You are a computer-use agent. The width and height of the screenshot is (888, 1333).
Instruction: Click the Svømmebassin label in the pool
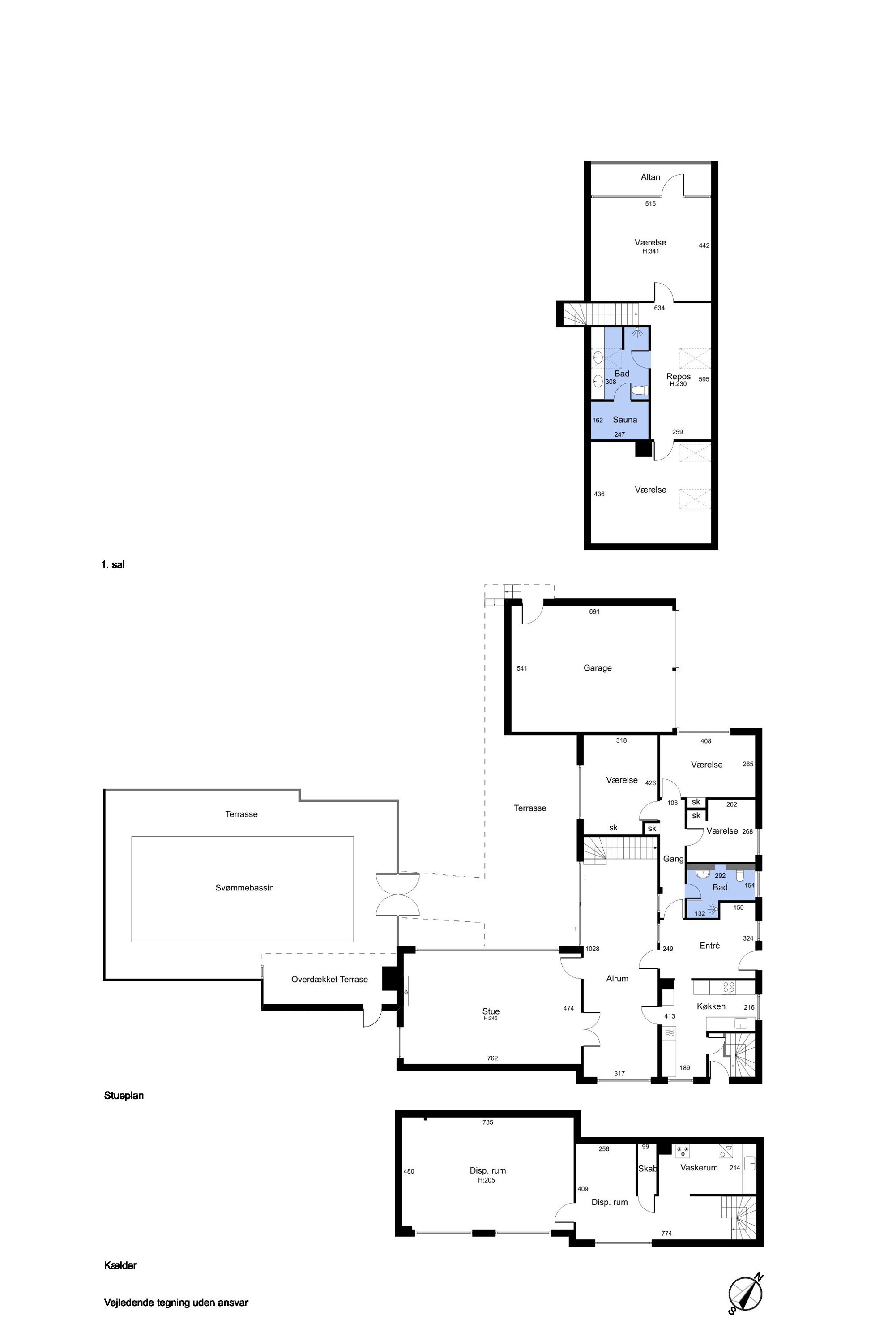point(244,888)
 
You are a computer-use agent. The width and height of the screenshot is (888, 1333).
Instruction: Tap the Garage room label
point(598,668)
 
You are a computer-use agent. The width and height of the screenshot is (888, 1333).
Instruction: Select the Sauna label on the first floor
point(625,420)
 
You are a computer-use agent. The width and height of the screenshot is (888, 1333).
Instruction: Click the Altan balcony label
point(650,177)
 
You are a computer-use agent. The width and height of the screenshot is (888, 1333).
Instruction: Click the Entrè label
point(709,946)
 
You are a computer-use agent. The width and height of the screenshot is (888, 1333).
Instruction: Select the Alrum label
point(617,979)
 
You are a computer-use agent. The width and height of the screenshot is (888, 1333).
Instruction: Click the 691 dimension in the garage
point(594,612)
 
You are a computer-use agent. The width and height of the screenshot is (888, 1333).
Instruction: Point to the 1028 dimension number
point(593,949)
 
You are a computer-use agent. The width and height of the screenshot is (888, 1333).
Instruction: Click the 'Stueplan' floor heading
point(124,1096)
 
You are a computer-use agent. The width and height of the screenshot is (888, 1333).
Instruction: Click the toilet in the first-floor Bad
point(640,391)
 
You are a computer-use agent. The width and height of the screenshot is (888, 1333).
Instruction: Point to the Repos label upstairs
point(679,376)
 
